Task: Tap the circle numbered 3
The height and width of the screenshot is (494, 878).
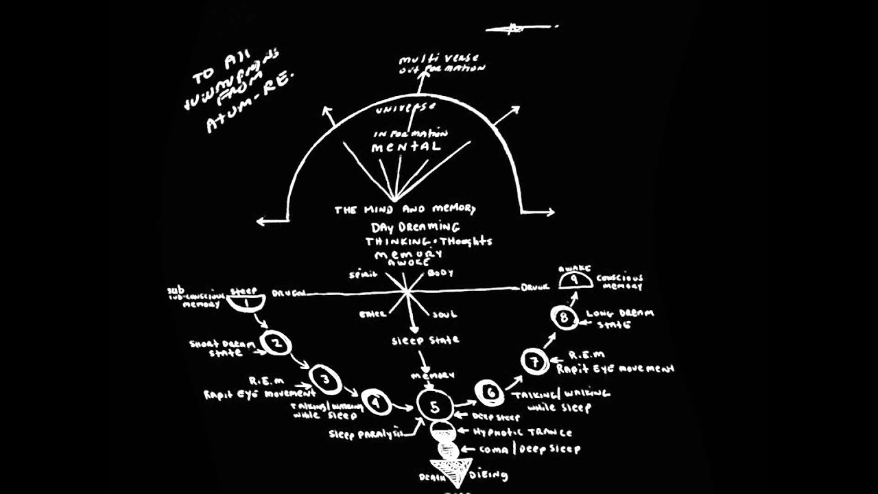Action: click(x=325, y=379)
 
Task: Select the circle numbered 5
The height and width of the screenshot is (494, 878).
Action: click(x=434, y=406)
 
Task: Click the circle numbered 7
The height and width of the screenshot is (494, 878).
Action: click(x=534, y=360)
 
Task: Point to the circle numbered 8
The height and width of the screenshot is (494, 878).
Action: click(x=565, y=318)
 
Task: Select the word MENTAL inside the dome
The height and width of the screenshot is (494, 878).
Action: click(x=406, y=147)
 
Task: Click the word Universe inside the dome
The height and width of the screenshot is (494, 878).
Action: click(x=405, y=108)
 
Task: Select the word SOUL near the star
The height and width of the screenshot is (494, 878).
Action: click(x=444, y=315)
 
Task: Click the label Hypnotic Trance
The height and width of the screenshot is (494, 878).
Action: click(x=523, y=432)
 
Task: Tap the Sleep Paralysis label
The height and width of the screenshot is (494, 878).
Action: click(x=364, y=434)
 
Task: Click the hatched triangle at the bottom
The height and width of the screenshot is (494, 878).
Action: click(x=447, y=472)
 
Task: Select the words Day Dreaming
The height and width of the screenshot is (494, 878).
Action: click(x=416, y=226)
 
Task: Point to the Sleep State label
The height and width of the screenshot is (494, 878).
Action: click(x=425, y=340)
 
